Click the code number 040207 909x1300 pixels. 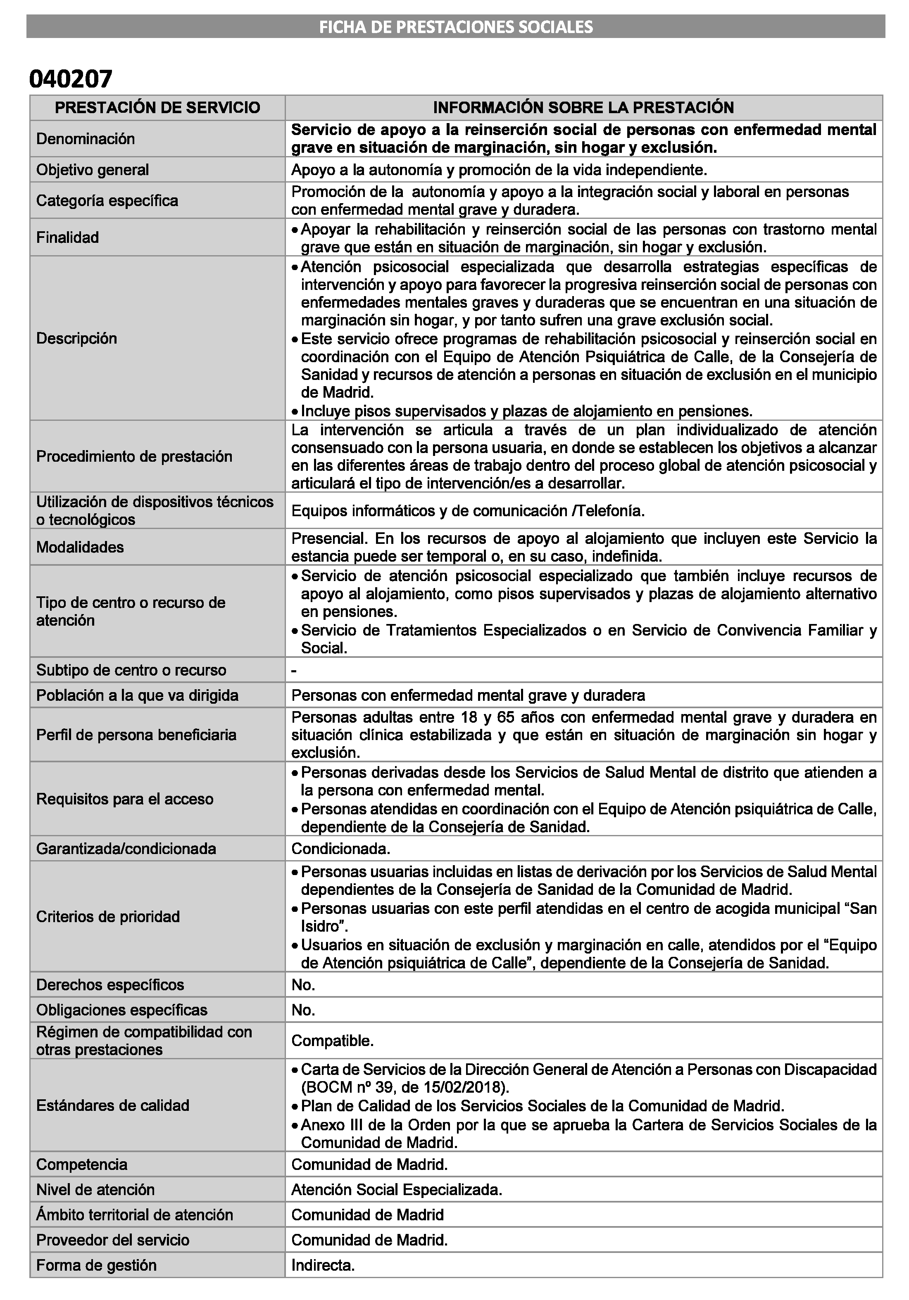71,79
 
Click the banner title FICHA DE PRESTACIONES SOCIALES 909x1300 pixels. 455,26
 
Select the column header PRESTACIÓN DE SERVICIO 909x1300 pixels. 157,108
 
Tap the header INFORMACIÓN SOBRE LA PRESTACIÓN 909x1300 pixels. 583,108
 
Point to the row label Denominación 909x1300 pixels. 86,139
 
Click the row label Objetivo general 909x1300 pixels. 92,170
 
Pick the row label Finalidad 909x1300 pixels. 67,237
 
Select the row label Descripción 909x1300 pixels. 76,338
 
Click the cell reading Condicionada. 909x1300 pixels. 340,848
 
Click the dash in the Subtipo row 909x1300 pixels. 294,670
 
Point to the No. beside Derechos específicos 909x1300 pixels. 303,984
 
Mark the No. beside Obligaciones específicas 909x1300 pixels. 303,1010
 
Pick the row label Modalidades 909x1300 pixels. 80,547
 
